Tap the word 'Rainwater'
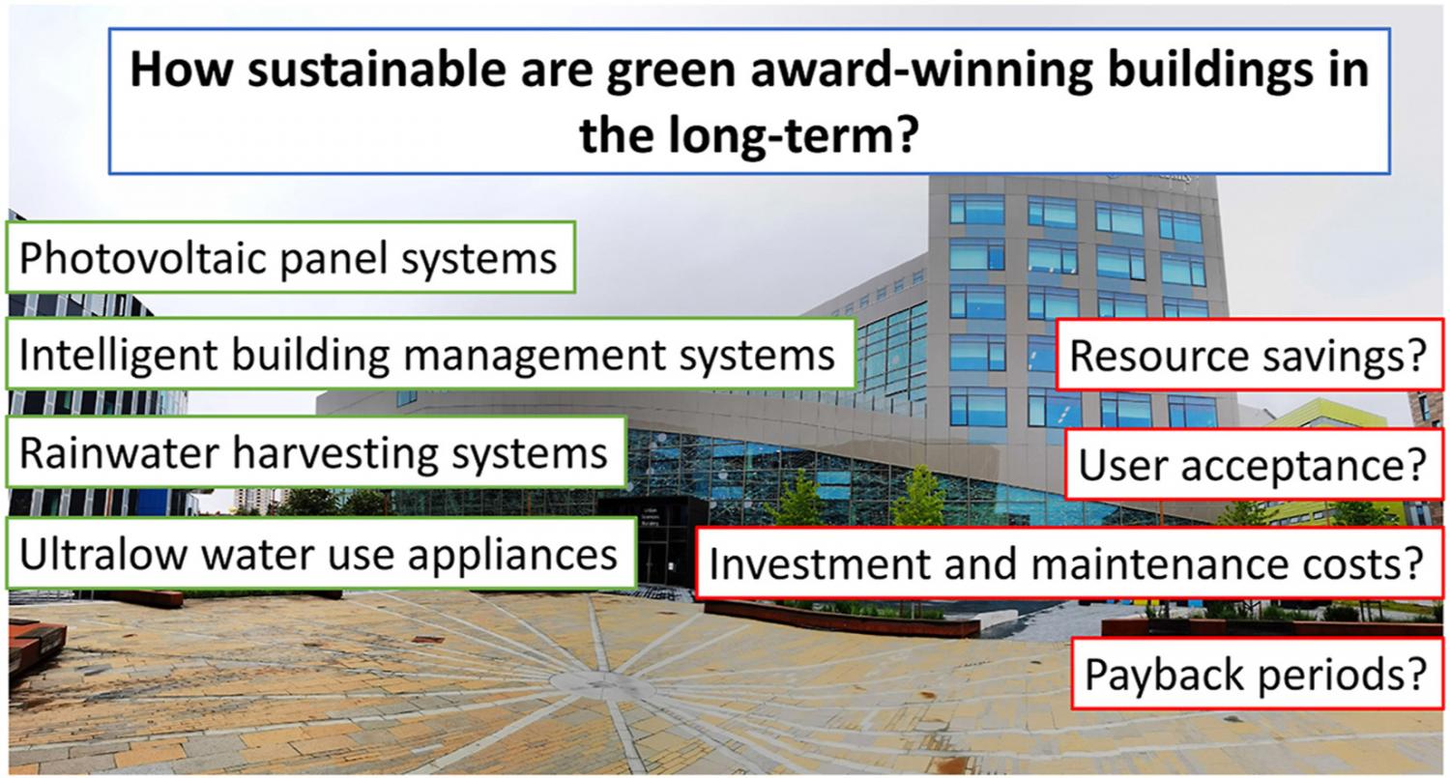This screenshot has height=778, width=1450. coord(119,452)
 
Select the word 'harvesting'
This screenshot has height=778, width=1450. coord(334,453)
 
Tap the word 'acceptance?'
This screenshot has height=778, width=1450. coord(1304,466)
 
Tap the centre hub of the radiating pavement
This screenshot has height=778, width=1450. coord(594,681)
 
